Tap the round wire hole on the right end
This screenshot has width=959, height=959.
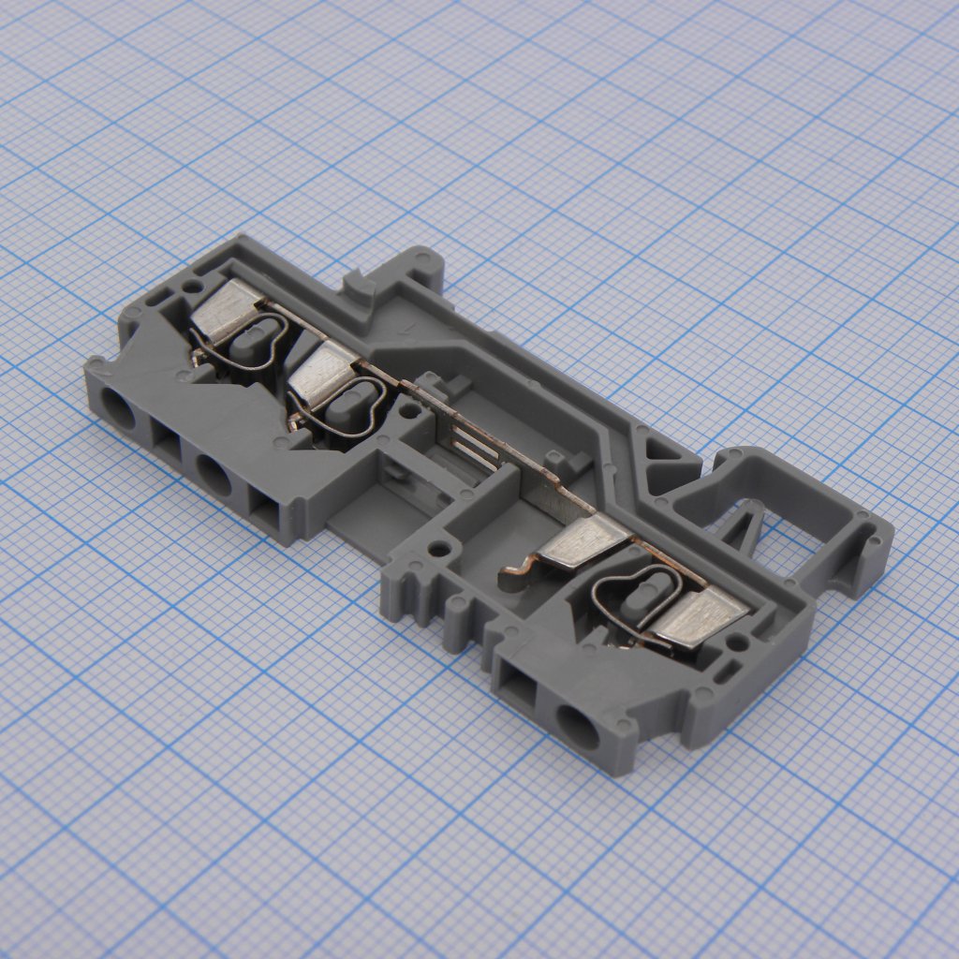577,725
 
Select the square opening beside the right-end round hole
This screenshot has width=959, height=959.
516,686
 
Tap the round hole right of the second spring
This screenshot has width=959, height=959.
409,409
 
